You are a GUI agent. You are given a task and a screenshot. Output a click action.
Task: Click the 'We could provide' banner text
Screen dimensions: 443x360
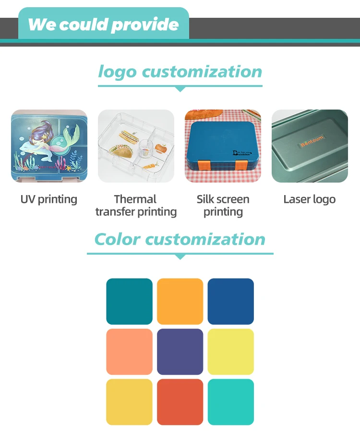point(103,25)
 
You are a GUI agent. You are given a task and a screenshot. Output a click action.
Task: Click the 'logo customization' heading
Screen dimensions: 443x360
point(180,72)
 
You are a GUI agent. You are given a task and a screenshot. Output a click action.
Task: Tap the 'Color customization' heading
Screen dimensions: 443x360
point(180,239)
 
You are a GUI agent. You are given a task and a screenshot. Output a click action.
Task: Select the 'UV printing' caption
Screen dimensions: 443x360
point(48,199)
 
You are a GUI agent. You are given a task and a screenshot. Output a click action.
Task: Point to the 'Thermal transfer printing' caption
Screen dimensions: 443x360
point(136,205)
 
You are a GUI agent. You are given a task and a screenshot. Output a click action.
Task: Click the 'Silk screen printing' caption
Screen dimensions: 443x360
point(223,205)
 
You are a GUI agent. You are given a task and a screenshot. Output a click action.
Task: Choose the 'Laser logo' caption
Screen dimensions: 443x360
point(309,199)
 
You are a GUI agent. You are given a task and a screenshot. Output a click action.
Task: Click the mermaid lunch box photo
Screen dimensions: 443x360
point(49,146)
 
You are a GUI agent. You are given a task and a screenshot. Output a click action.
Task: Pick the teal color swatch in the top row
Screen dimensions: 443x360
point(129,301)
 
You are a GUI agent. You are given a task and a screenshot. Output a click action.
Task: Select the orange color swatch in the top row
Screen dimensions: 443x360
point(180,301)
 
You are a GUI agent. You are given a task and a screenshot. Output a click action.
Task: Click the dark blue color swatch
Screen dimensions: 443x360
point(230,301)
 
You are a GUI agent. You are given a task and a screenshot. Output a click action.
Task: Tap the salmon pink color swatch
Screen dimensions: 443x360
point(129,352)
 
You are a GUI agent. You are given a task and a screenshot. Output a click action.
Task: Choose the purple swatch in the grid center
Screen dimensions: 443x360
point(180,352)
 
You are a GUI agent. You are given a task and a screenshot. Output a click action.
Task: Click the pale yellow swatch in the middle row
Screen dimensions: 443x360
point(230,352)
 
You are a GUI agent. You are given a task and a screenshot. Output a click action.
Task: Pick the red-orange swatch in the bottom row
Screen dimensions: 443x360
point(180,402)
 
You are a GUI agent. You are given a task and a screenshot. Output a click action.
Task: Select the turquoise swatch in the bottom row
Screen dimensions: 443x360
point(230,402)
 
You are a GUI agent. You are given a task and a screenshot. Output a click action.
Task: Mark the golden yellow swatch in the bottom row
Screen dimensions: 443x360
point(129,402)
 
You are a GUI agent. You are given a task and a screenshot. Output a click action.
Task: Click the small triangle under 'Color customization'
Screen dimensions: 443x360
point(180,257)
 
